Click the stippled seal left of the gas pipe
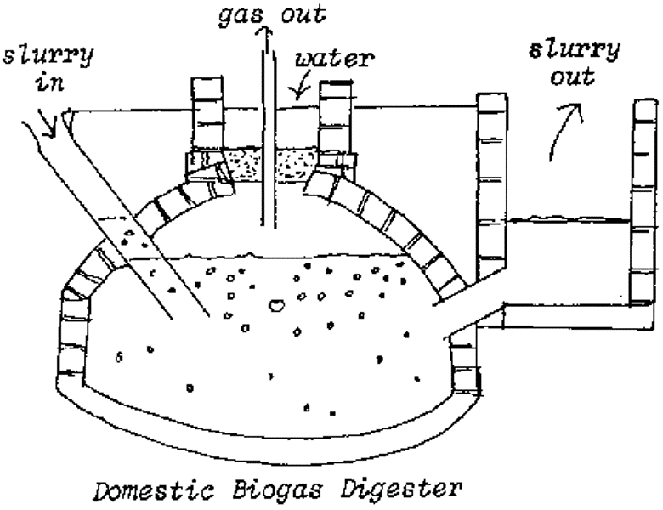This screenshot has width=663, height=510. click(x=242, y=163)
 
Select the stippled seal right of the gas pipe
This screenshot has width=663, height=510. click(x=297, y=163)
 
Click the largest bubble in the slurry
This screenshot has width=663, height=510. click(x=276, y=303)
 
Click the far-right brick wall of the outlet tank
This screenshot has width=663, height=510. click(x=643, y=204)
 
